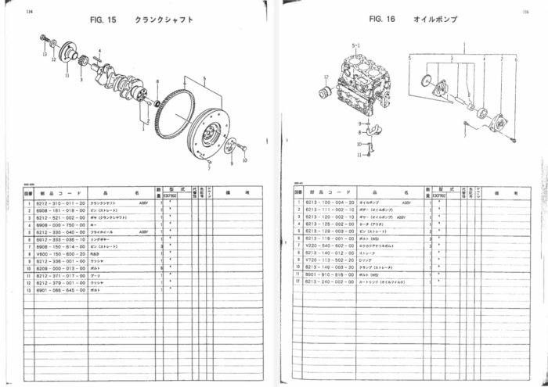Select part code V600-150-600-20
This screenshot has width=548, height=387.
(58, 253)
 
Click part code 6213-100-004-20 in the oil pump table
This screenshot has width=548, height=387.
(330, 202)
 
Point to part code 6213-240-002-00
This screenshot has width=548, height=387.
(330, 282)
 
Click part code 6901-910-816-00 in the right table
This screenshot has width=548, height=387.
(330, 275)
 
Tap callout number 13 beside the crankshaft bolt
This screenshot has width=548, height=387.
(45, 54)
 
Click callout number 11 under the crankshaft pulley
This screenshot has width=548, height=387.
(67, 76)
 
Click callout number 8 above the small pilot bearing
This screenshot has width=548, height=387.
(157, 81)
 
